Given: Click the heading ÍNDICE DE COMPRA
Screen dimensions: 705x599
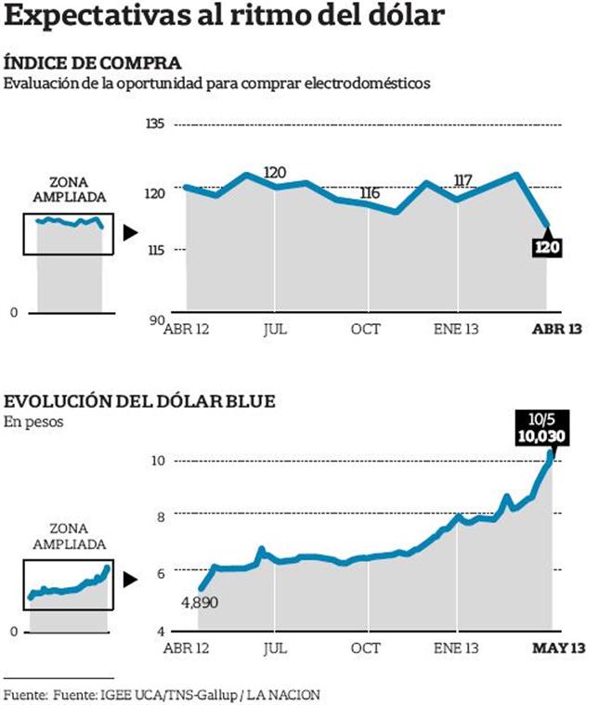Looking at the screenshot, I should [x=93, y=63].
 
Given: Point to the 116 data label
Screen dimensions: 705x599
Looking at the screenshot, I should [x=370, y=193].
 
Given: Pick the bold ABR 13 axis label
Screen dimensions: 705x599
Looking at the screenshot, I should [x=556, y=327].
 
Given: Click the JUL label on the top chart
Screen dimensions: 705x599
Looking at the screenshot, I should [x=274, y=327].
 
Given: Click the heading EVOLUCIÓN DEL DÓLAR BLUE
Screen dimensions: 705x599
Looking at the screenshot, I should [x=140, y=401].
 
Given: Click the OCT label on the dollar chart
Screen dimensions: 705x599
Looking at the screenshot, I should [x=366, y=646].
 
